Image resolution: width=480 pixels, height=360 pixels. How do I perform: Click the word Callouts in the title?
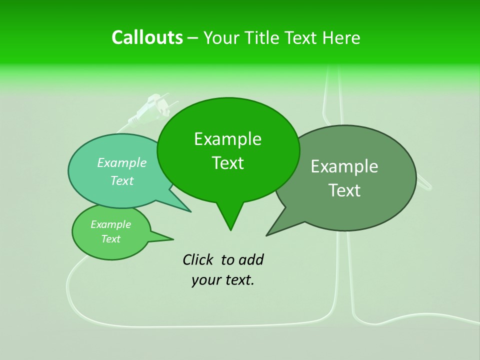pos(147,37)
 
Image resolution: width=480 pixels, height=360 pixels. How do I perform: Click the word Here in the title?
pos(341,38)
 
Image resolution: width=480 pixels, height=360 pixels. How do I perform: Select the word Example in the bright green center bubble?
pos(227,139)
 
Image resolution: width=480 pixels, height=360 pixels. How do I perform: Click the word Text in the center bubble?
pos(227,163)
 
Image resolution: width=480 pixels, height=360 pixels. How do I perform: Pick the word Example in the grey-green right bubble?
pos(344,166)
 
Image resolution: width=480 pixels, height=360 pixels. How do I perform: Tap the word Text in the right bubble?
pos(344,190)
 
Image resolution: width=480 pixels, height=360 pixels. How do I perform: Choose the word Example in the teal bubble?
pos(121,162)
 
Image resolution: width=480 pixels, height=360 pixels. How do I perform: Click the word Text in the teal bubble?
pos(121,180)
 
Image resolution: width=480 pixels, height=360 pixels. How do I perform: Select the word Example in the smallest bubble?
pos(110,224)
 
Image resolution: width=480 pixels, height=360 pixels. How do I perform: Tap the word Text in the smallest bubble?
pos(110,239)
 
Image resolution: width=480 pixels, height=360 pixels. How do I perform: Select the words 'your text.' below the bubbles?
pos(222,280)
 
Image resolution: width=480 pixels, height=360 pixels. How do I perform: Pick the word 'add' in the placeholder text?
pos(250,259)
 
